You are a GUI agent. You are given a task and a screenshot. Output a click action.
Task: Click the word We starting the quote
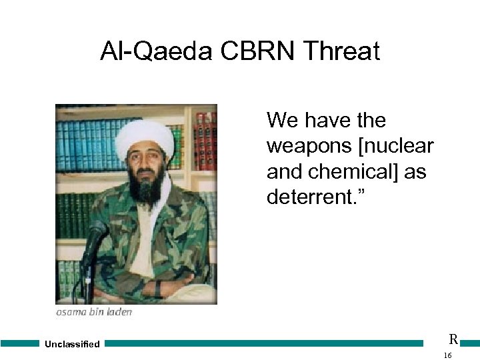click(283, 121)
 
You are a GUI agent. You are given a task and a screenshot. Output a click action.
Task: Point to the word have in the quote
click(329, 121)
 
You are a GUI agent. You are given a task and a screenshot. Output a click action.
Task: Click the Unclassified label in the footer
click(72, 344)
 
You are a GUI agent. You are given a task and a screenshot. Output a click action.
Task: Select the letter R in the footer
click(453, 339)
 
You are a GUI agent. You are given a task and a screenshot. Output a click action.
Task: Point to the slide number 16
click(447, 356)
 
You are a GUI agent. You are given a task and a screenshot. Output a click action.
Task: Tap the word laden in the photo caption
click(119, 312)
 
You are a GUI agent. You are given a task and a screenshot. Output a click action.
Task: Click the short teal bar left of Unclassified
click(20, 344)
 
